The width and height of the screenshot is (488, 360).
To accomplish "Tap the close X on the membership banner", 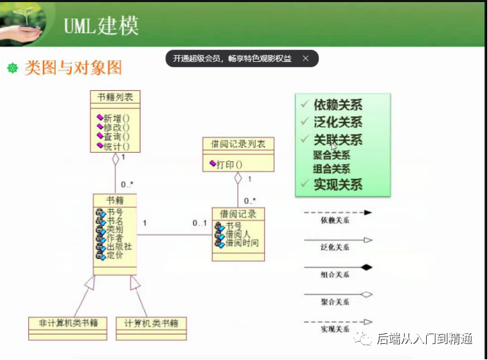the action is click(305, 59).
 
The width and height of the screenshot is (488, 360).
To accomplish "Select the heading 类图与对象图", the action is click(73, 68).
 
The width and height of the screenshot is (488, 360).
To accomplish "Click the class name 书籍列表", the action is click(115, 97).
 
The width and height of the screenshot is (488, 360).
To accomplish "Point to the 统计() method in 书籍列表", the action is click(116, 146).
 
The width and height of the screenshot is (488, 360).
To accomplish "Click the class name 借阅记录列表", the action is click(238, 144).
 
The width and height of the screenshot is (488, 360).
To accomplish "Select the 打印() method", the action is click(230, 165).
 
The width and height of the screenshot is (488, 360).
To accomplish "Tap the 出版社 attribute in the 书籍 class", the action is click(119, 247).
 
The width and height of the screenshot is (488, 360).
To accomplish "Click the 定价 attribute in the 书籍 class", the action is click(115, 256).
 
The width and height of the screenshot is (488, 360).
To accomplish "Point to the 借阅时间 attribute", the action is click(239, 243).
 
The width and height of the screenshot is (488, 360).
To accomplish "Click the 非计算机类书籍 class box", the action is click(68, 323).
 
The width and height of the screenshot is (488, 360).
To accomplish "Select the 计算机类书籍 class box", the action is click(151, 323).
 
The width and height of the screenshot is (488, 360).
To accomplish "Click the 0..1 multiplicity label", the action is click(199, 223).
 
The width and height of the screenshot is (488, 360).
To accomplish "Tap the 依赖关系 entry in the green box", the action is click(338, 105).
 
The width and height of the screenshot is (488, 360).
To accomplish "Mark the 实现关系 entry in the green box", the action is click(338, 185).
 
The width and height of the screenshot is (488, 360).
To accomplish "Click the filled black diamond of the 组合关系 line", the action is click(367, 267).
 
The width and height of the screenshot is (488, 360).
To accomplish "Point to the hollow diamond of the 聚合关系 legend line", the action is click(367, 294).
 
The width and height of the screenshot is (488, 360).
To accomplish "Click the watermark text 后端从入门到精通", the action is click(425, 340).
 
